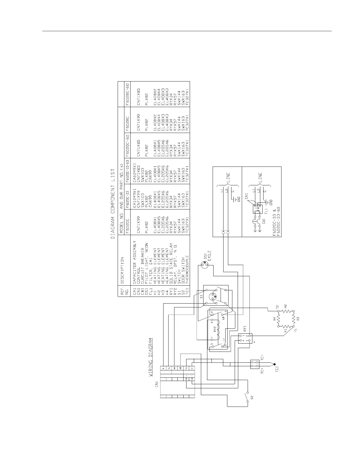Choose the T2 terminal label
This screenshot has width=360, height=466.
[277, 307]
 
